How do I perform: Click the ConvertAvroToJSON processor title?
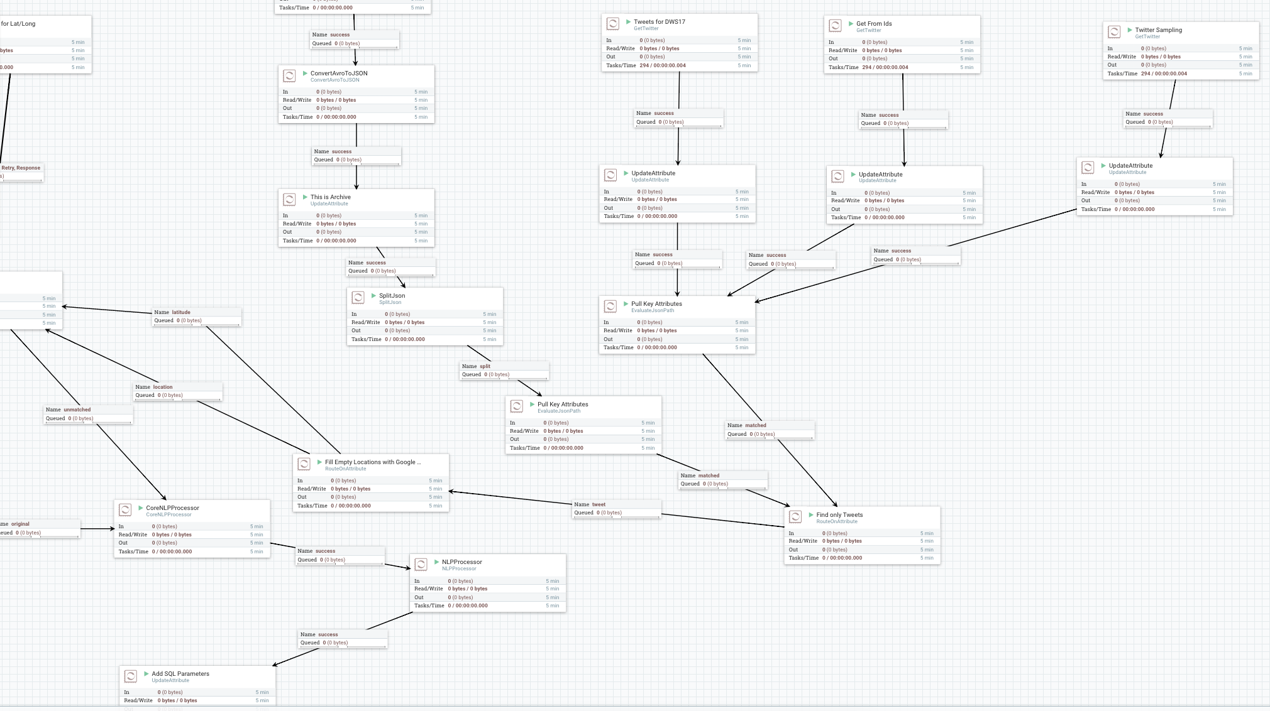tap(339, 73)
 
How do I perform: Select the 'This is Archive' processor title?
tap(330, 197)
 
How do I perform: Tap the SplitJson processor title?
tap(392, 296)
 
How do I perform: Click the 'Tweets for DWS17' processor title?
tap(659, 22)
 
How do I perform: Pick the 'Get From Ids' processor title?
tap(873, 24)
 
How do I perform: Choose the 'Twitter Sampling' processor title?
tap(1158, 30)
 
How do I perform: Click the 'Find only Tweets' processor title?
tap(839, 515)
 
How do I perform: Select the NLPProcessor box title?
tap(461, 562)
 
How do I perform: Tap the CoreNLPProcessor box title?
tap(172, 508)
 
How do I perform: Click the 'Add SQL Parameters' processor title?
tap(180, 674)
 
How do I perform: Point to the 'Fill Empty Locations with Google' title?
tap(372, 462)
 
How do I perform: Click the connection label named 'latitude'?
tap(181, 312)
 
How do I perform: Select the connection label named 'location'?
tap(162, 387)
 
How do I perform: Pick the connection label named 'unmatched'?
tap(77, 410)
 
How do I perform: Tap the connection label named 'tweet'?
tap(599, 504)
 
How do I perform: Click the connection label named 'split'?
tap(485, 366)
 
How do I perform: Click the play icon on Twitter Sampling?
tap(1130, 30)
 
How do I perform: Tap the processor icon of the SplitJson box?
tap(358, 298)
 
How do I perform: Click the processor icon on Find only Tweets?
tap(795, 517)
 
